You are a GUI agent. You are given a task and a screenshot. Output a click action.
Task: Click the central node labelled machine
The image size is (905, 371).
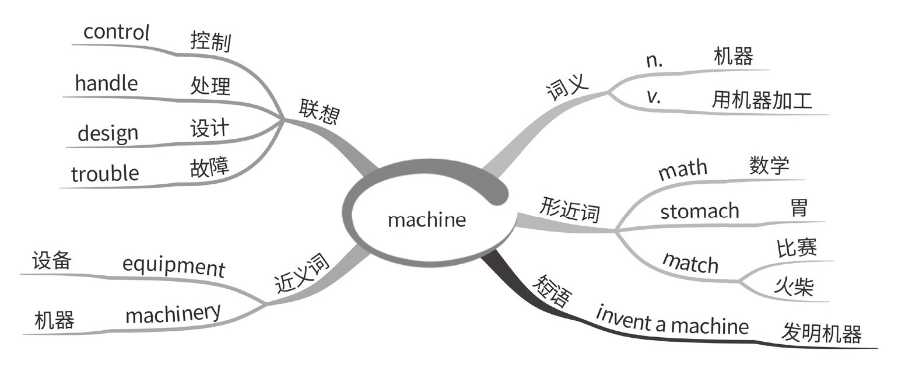click(x=427, y=220)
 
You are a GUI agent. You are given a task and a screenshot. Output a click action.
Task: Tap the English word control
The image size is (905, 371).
click(x=117, y=33)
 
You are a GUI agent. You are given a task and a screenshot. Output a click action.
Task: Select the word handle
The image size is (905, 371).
click(x=106, y=83)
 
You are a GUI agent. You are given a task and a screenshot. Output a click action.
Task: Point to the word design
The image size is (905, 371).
click(x=108, y=134)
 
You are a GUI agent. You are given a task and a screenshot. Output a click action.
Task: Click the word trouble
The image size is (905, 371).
click(x=105, y=173)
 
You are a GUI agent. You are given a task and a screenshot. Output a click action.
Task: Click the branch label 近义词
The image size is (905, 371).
click(x=302, y=274)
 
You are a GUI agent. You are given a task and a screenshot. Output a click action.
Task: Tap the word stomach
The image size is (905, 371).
click(x=699, y=211)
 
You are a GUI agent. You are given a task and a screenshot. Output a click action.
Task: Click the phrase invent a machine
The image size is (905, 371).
click(x=672, y=321)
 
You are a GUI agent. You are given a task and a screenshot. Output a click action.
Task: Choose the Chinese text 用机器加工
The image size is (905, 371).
click(x=762, y=101)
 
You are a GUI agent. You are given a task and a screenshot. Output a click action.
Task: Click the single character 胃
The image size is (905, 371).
click(x=799, y=208)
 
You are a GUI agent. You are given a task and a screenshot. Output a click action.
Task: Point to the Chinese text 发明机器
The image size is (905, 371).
click(x=821, y=334)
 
